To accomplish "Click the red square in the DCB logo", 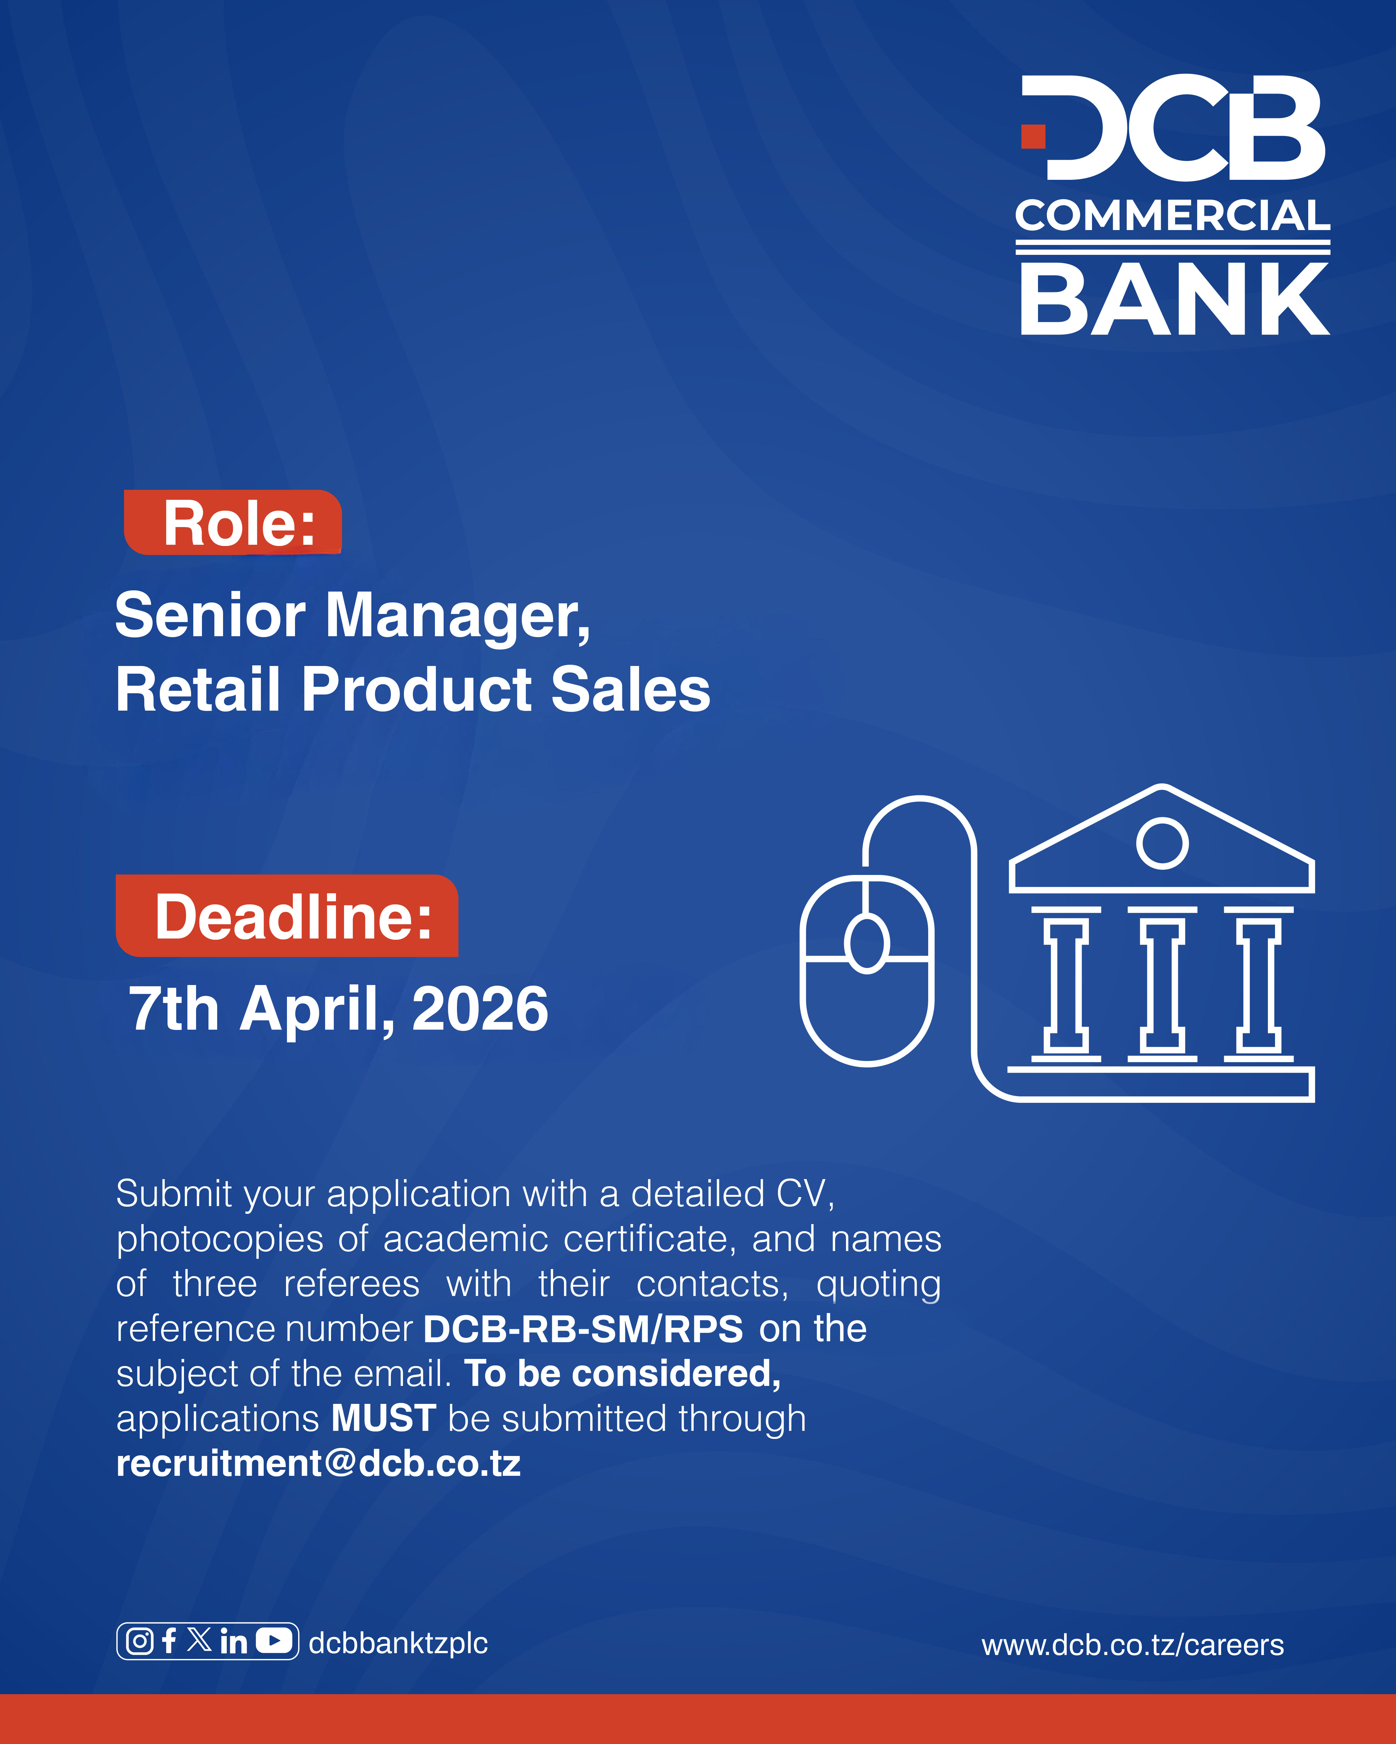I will (1033, 137).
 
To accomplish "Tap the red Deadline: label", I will (287, 916).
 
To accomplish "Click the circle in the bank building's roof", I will (1162, 843).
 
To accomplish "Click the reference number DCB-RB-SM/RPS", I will (583, 1329).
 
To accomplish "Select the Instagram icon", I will (140, 1641).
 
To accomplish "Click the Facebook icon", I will (169, 1641).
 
